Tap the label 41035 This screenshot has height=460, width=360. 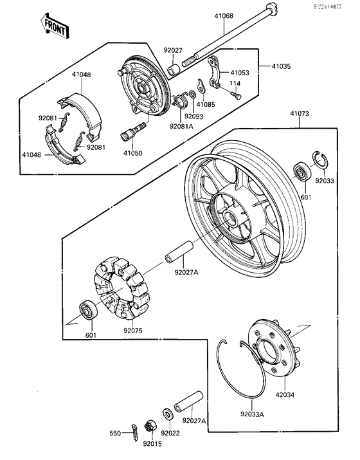(x=281, y=66)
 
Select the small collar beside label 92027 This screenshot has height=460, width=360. (x=173, y=68)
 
